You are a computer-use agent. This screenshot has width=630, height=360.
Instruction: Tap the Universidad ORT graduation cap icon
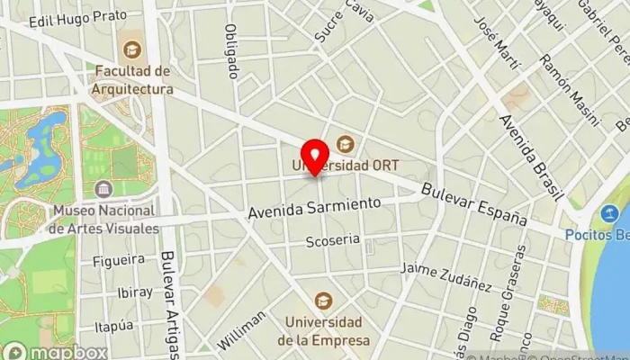pos(344,144)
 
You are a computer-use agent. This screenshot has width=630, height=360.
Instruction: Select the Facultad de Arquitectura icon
pos(133,49)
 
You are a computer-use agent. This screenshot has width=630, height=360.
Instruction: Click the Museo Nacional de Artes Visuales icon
pos(104,188)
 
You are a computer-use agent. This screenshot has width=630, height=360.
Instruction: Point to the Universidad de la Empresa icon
pos(322,301)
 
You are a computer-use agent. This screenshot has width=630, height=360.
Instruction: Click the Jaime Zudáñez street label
pos(446,277)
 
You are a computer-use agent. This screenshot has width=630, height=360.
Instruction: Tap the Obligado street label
pos(231,50)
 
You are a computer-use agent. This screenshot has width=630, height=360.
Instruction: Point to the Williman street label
pos(241,329)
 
